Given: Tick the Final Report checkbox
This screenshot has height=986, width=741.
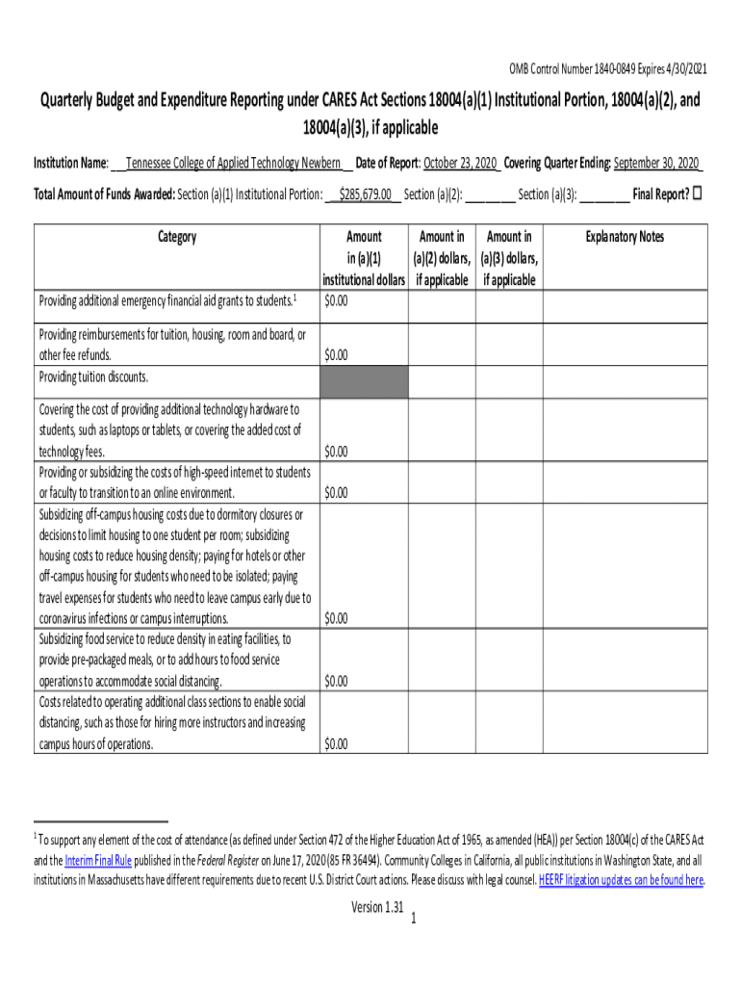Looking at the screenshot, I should coord(699,194).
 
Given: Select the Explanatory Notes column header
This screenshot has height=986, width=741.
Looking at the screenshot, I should coord(626,237).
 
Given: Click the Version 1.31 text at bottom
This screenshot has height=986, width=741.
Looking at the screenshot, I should coord(377,907).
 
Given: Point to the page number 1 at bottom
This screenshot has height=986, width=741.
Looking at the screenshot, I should coord(412,921).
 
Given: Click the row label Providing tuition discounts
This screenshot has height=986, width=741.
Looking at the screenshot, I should coord(94,376).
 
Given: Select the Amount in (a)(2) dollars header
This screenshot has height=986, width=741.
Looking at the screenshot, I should coord(442,258).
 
